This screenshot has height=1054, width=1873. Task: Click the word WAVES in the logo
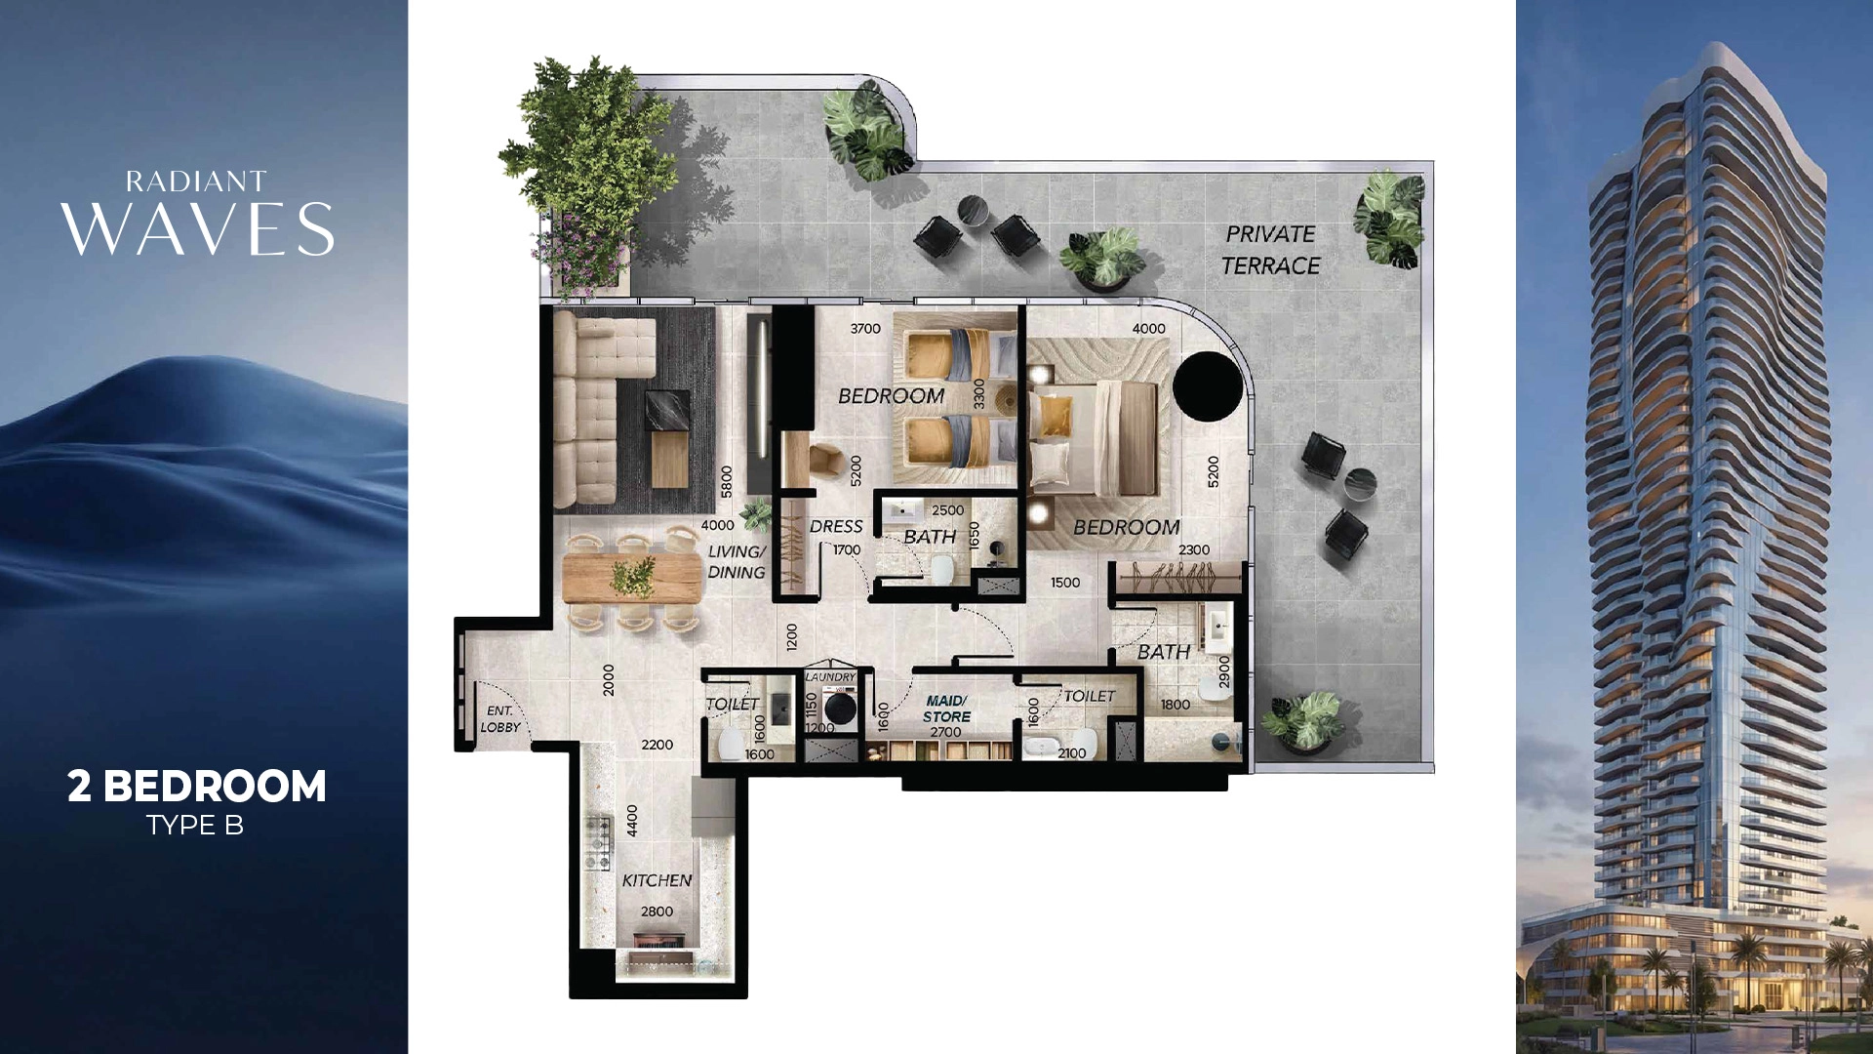(198, 230)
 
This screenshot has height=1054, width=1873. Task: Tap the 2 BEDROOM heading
(197, 787)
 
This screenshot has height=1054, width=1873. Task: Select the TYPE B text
(195, 826)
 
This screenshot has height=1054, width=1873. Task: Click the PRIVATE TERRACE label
(1270, 250)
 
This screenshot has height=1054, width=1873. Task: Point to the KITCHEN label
(657, 880)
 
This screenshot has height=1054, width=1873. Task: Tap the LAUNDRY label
(830, 677)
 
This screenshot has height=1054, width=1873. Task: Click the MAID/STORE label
(946, 709)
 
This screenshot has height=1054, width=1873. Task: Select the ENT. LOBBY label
(499, 719)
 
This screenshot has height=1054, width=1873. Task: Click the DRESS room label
(836, 527)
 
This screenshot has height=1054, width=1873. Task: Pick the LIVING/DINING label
(737, 562)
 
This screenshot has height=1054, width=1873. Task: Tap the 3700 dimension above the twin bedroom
(865, 329)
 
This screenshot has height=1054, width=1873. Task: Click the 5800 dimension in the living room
(727, 482)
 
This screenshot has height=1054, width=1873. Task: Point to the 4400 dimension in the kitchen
(632, 820)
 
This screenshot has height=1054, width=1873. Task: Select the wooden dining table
(632, 579)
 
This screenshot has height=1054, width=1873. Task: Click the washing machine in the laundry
(839, 706)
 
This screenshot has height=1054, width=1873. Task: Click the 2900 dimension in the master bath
(1225, 672)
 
